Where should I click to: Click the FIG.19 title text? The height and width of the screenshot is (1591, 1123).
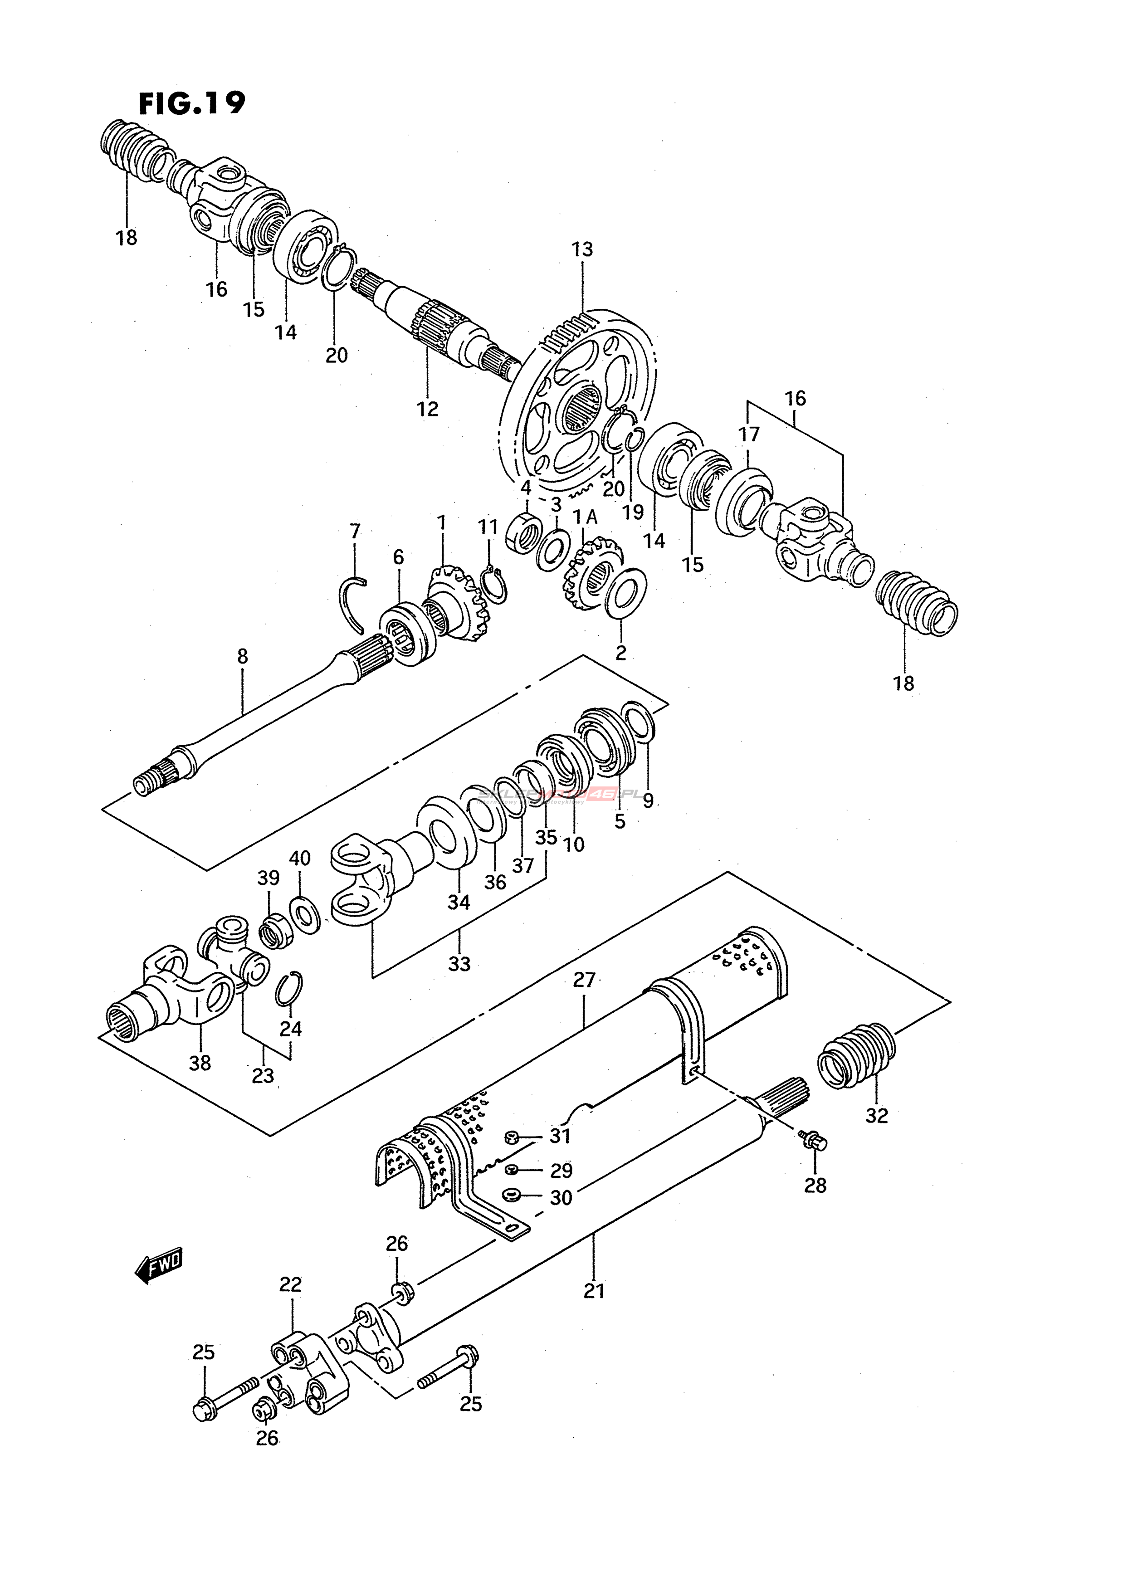click(192, 103)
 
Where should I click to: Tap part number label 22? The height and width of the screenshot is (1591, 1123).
click(291, 1285)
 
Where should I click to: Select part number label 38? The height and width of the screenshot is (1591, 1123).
click(200, 1062)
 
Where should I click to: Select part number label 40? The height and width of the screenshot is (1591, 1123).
click(299, 859)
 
